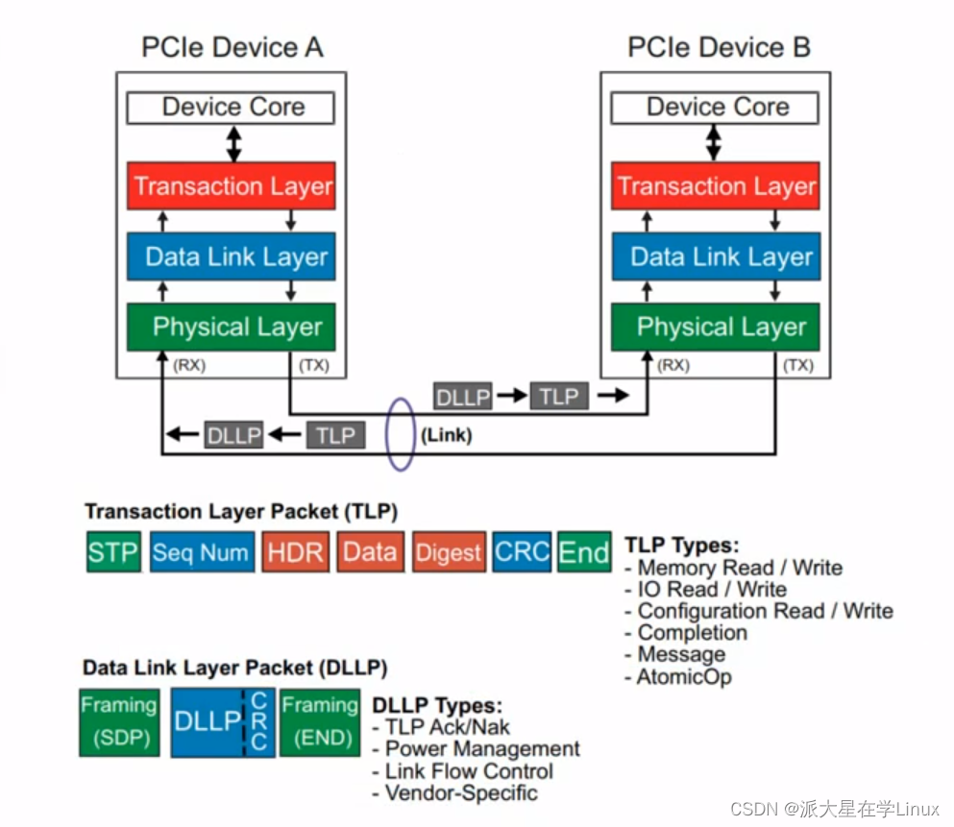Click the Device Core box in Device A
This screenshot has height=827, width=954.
click(232, 107)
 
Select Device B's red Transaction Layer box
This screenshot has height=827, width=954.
click(716, 186)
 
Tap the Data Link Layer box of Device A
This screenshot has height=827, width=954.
click(232, 256)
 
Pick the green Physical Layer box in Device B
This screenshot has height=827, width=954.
click(716, 327)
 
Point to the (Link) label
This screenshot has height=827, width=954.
click(446, 435)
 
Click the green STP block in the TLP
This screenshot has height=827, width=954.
click(113, 552)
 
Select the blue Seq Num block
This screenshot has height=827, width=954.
click(201, 552)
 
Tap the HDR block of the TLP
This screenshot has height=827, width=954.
click(296, 552)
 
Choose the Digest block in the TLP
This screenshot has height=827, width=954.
click(449, 552)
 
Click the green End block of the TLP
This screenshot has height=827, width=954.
click(584, 552)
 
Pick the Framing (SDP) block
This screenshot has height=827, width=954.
click(118, 722)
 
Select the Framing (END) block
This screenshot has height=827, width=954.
click(320, 722)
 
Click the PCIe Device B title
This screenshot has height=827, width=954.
click(719, 47)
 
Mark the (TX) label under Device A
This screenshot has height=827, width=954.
click(314, 365)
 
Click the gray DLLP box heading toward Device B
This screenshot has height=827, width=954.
click(463, 396)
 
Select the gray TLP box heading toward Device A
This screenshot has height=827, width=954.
click(336, 435)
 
